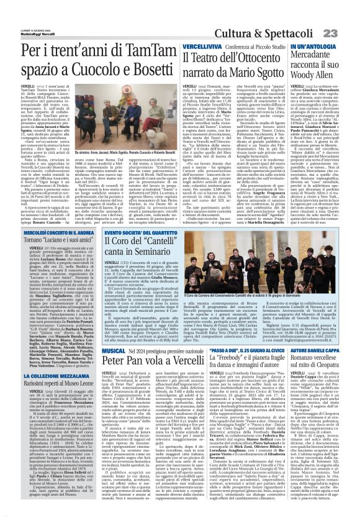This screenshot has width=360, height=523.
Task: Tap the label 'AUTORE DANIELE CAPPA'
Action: coord(320,351)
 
